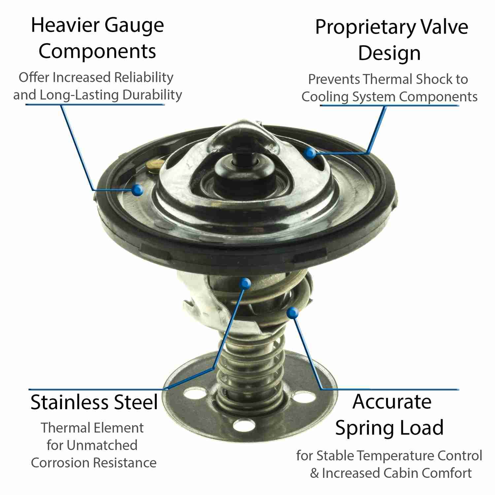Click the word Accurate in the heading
392,402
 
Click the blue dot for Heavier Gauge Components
137,190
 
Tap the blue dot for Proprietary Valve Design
310,152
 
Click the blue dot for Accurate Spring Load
293,312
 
